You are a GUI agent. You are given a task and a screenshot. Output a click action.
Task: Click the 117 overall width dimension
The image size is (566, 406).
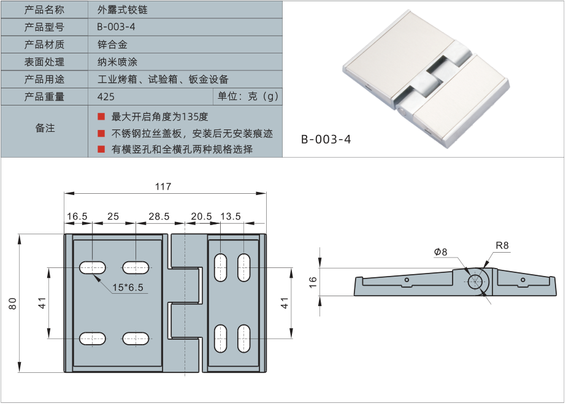(x=163, y=186)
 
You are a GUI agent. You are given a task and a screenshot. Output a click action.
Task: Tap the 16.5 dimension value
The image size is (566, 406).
(x=77, y=216)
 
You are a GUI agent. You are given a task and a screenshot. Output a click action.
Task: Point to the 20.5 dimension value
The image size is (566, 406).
(x=201, y=216)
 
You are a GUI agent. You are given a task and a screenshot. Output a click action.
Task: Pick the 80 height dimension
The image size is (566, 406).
(x=13, y=303)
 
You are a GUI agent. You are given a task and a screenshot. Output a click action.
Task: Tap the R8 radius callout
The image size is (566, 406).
(x=502, y=245)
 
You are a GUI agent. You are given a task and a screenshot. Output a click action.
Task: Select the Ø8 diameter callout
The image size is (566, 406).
(x=440, y=251)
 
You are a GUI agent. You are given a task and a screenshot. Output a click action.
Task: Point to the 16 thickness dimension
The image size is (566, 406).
(x=313, y=282)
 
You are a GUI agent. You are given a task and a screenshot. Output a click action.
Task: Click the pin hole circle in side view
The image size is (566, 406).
(x=475, y=282)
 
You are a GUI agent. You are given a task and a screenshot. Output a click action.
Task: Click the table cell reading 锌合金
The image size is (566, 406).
(x=112, y=45)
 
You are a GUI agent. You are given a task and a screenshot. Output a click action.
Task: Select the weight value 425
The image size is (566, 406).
(x=106, y=97)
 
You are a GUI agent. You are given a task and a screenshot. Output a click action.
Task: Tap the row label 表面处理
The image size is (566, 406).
(x=44, y=62)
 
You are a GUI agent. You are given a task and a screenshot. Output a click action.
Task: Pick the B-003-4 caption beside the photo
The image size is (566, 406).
(x=326, y=139)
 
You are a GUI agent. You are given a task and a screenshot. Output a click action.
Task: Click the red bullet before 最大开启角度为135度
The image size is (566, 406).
(x=101, y=117)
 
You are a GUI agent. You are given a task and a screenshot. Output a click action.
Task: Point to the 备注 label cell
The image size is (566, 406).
(x=45, y=128)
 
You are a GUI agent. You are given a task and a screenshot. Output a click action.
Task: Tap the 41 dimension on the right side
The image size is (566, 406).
(x=284, y=303)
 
